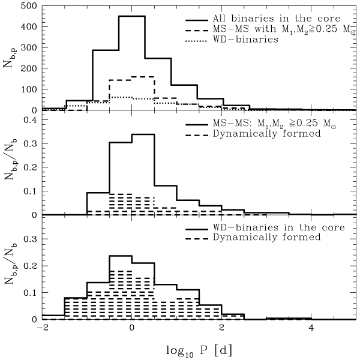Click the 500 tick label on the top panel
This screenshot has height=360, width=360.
(28, 7)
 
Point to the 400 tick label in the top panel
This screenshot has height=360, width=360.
(28, 27)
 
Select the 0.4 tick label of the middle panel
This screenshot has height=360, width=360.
(29, 120)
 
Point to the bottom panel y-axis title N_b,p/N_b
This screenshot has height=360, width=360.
(10, 268)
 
